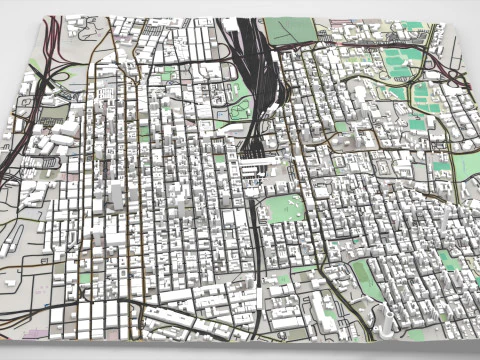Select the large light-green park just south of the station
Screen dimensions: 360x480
tap(282, 209)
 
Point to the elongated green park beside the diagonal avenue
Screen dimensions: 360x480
tap(366, 279)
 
